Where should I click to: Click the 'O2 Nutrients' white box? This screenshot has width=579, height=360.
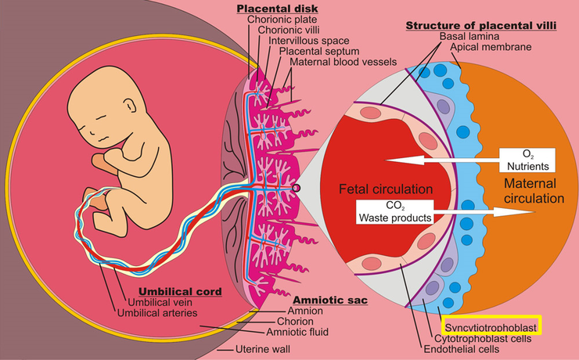click(527, 159)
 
